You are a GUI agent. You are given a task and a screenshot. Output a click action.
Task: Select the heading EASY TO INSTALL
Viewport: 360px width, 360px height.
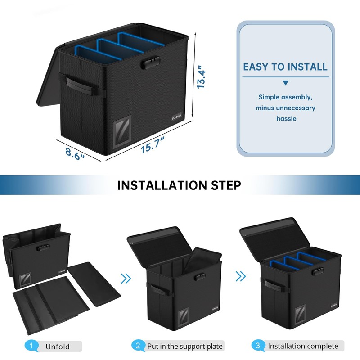coord(285,67)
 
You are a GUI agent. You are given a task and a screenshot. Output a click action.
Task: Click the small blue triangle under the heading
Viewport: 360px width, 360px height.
coord(285,83)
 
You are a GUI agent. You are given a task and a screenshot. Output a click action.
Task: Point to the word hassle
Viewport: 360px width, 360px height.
coord(285,119)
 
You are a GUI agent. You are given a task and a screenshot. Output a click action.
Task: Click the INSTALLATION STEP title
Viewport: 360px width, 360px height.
coord(179,185)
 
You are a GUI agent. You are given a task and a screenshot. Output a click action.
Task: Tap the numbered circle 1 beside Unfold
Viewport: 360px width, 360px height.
coord(31,346)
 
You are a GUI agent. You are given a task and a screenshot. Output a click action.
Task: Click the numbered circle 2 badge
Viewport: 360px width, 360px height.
coord(138,346)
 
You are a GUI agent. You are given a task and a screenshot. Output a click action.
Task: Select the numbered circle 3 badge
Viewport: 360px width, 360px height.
coord(258,346)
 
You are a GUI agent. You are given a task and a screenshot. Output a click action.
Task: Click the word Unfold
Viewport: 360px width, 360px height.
coord(58,346)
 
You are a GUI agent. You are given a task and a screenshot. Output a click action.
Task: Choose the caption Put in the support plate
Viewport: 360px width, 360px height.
coord(185,346)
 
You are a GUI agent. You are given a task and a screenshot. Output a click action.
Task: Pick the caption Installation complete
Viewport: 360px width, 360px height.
coord(303,346)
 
